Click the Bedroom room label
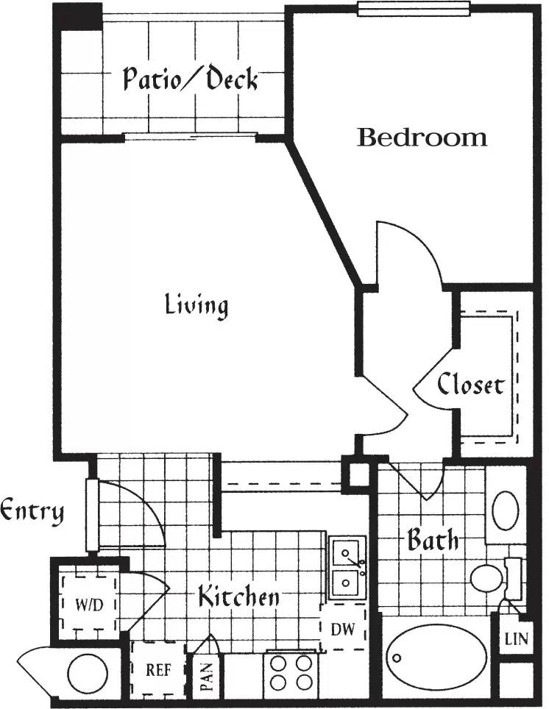tap(422, 138)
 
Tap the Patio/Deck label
tap(190, 79)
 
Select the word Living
tap(196, 304)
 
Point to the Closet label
tap(471, 385)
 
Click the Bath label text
tap(432, 541)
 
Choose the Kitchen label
tap(238, 596)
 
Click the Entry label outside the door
tap(32, 510)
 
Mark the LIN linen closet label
tap(515, 639)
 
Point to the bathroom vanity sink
tap(506, 510)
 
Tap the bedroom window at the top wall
tap(413, 9)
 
